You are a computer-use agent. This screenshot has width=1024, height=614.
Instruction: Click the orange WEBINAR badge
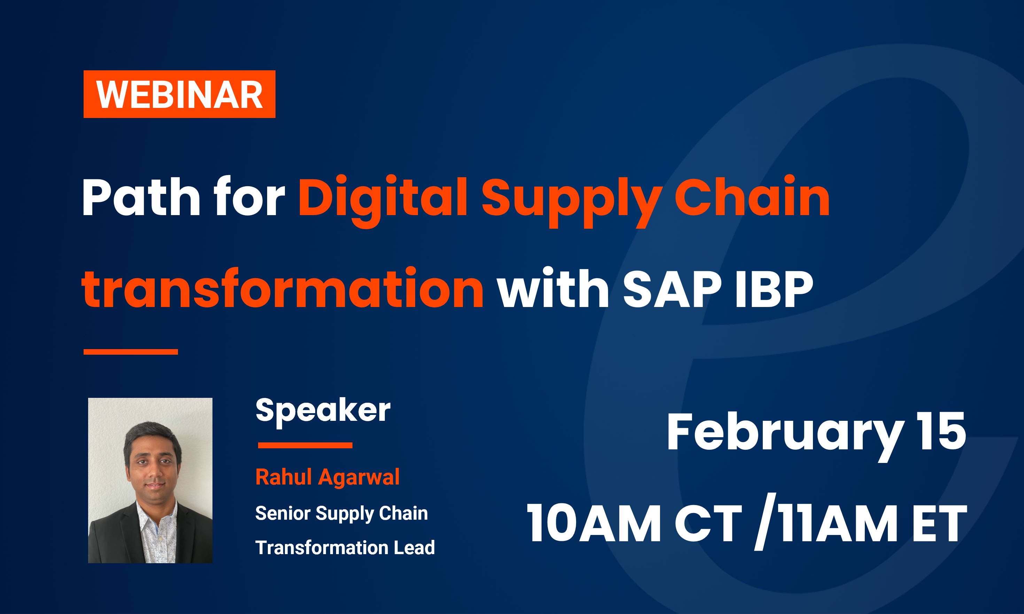click(179, 94)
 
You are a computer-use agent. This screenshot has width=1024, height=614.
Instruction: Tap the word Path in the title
click(141, 198)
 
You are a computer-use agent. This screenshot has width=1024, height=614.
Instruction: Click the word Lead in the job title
click(414, 548)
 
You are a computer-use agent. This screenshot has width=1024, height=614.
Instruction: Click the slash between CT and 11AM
click(765, 522)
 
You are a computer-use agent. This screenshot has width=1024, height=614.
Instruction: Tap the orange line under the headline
click(130, 352)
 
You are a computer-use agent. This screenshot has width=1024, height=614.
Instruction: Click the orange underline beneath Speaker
click(305, 445)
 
